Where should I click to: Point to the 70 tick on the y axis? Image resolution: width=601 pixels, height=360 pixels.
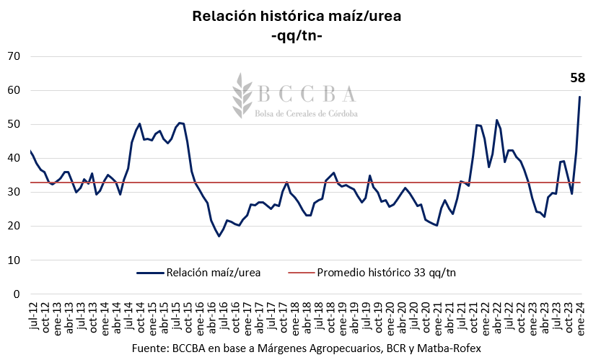[x=14, y=56]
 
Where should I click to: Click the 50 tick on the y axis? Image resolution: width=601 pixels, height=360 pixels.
[x=14, y=124]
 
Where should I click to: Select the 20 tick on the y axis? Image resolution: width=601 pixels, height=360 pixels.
[x=14, y=227]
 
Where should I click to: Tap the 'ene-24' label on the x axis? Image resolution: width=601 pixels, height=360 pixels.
[x=580, y=317]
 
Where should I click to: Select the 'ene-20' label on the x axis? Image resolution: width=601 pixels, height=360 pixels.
[x=390, y=317]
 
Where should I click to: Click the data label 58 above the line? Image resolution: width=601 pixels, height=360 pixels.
[x=577, y=78]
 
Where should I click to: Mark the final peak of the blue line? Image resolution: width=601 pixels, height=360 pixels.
[x=579, y=97]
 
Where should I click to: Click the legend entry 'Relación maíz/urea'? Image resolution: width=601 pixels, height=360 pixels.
[x=198, y=273]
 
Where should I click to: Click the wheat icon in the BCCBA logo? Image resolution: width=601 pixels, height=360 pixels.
[x=241, y=95]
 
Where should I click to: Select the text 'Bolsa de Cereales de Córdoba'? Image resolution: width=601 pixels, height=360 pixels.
[x=306, y=113]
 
